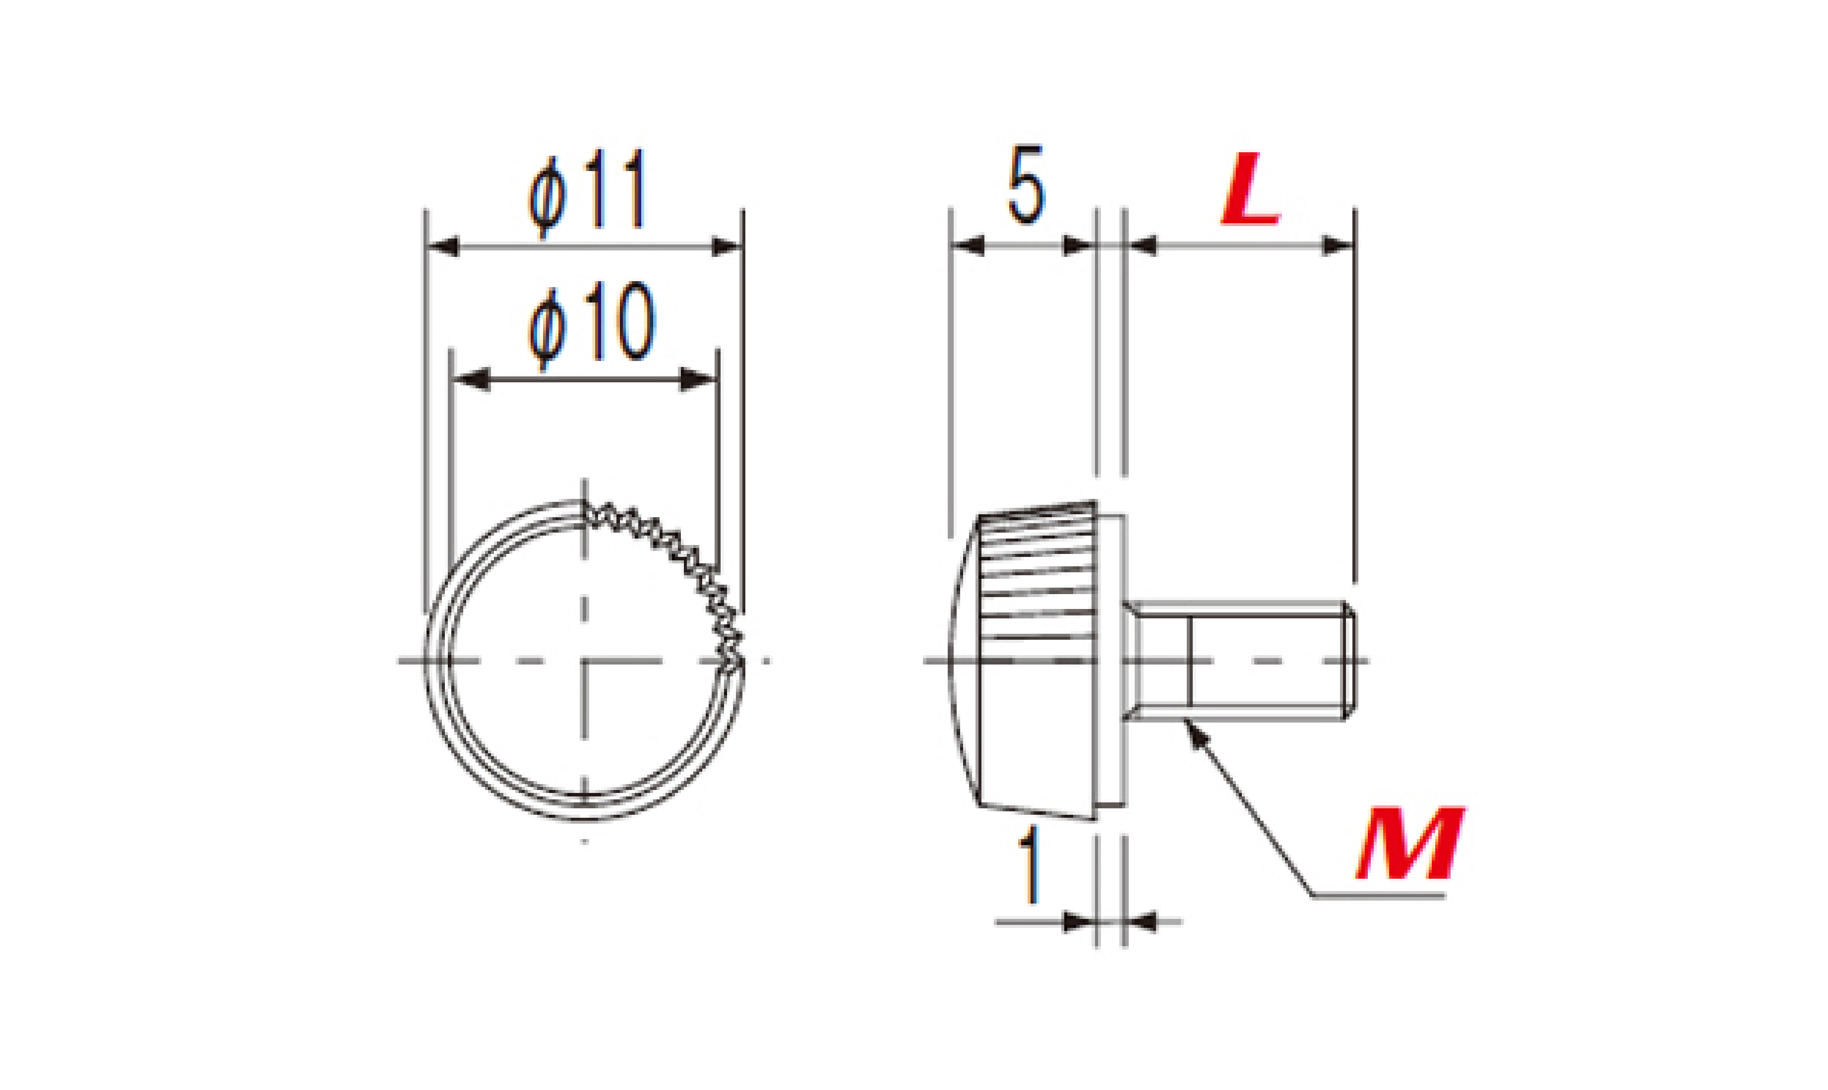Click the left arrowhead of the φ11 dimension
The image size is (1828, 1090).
pyautogui.click(x=443, y=246)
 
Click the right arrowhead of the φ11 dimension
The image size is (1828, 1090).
pyautogui.click(x=727, y=246)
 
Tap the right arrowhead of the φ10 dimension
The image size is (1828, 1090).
pyautogui.click(x=698, y=380)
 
